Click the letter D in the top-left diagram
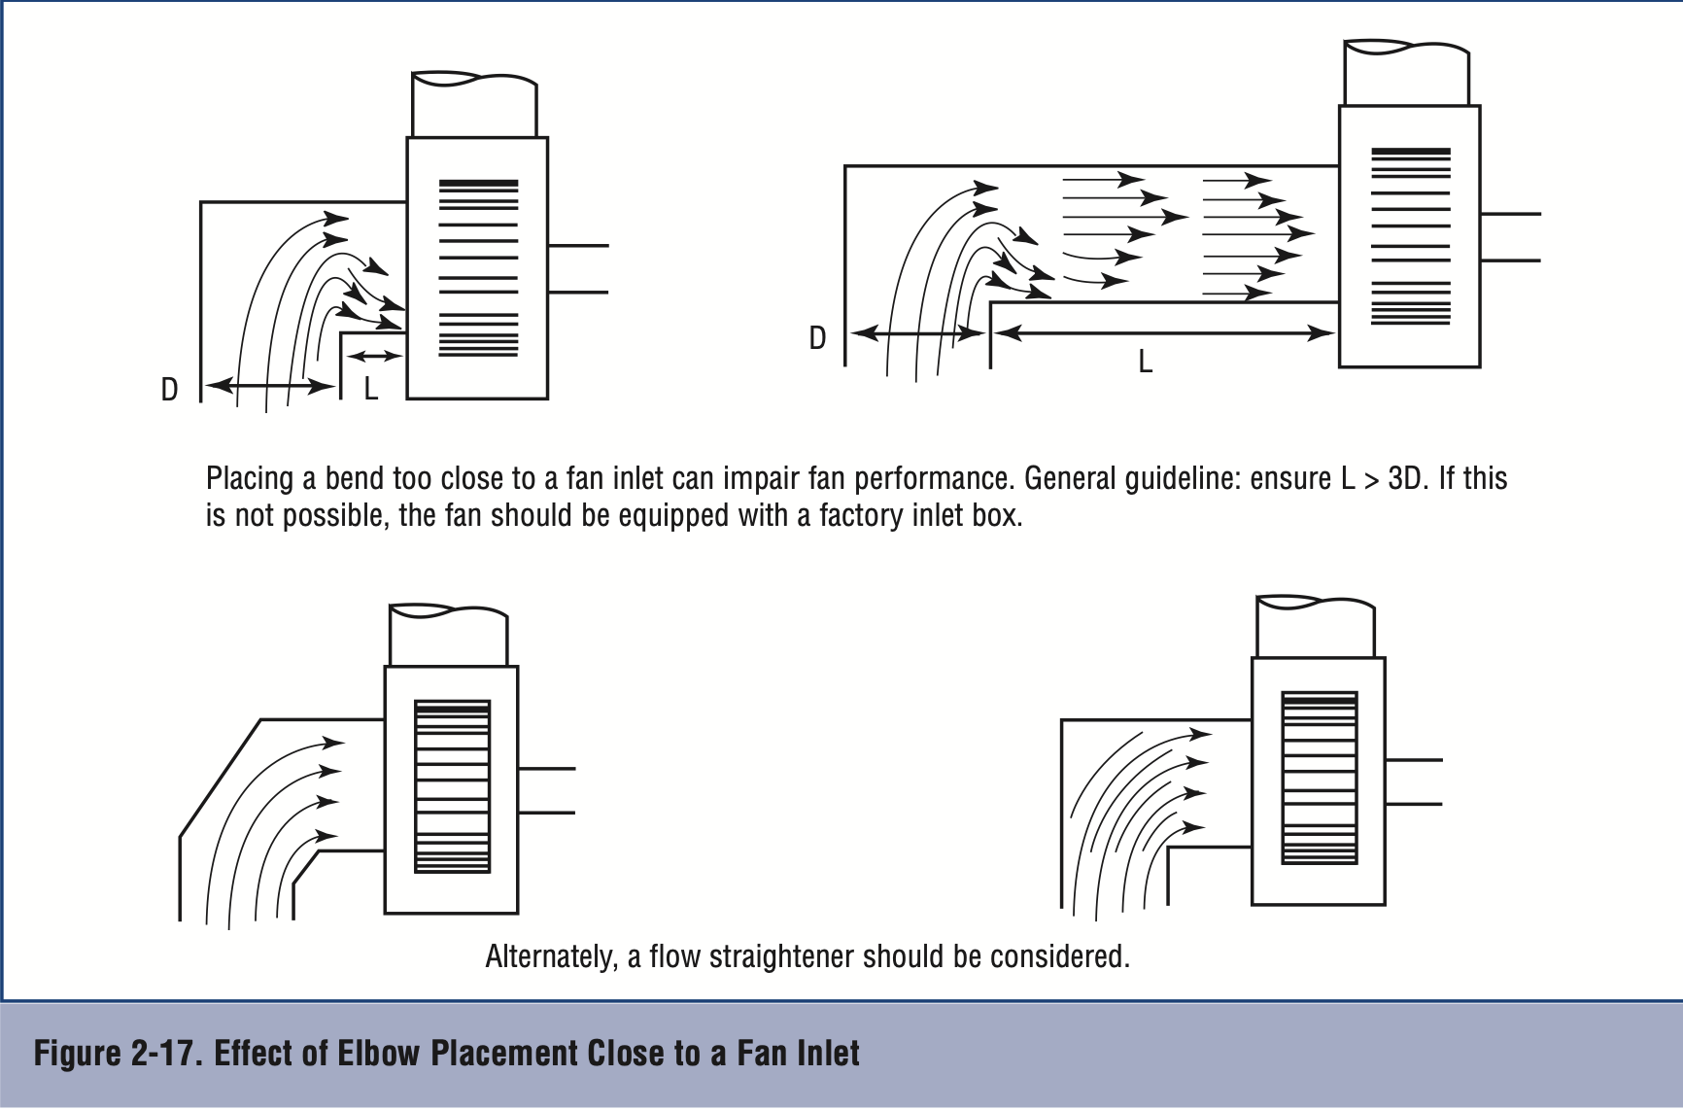(x=170, y=390)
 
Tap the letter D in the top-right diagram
(x=817, y=338)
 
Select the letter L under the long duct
(x=1146, y=363)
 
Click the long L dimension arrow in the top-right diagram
(x=1165, y=333)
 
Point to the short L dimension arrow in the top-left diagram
(x=374, y=356)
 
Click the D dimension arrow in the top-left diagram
(x=270, y=386)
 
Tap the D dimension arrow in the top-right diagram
(x=918, y=333)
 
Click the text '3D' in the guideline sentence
(x=1404, y=479)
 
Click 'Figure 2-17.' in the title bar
(x=118, y=1054)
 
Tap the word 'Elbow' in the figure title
(x=374, y=1054)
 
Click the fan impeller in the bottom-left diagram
(x=452, y=787)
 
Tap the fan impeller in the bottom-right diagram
(x=1319, y=778)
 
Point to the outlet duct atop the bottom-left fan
(x=448, y=636)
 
